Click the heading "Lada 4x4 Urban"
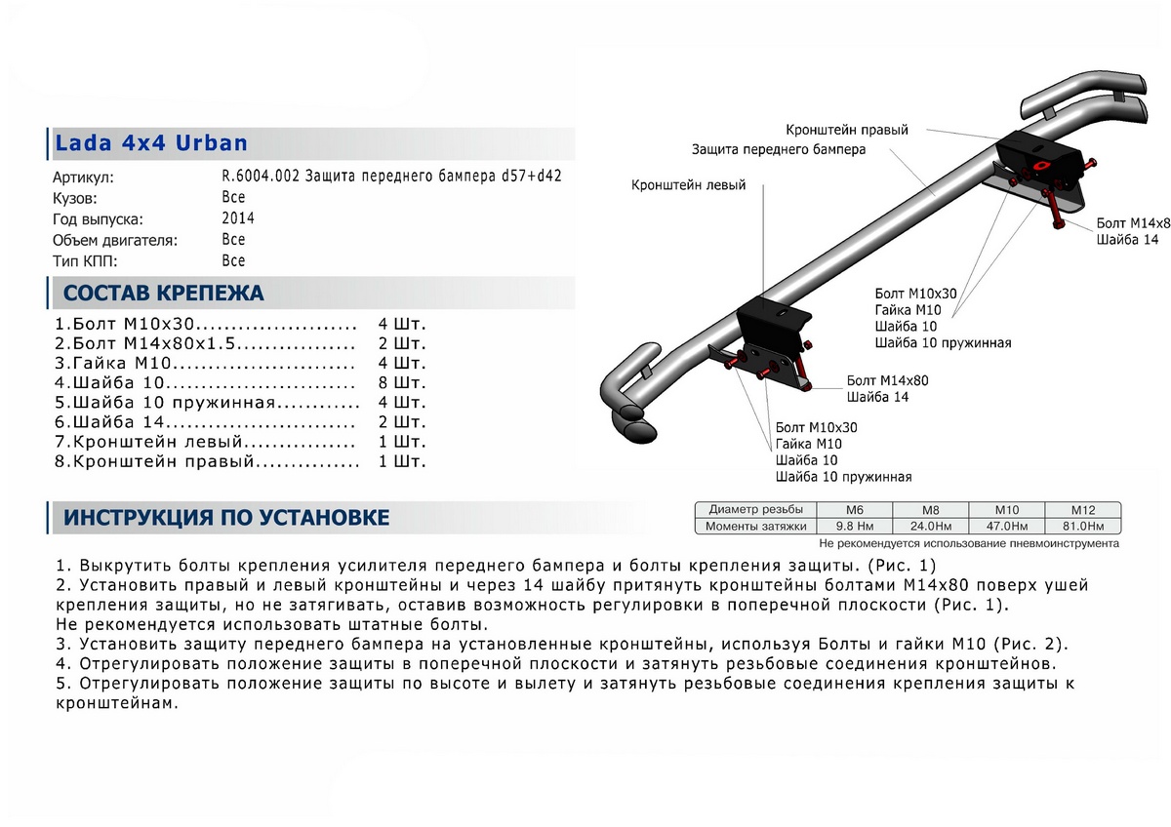click(151, 143)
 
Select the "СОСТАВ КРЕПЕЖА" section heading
click(163, 293)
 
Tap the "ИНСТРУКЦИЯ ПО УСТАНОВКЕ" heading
click(226, 517)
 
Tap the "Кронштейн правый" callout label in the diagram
click(847, 130)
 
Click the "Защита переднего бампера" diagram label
click(778, 150)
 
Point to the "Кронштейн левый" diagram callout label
click(688, 184)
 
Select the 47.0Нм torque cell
click(1006, 527)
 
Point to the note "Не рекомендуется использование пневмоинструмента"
click(968, 543)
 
